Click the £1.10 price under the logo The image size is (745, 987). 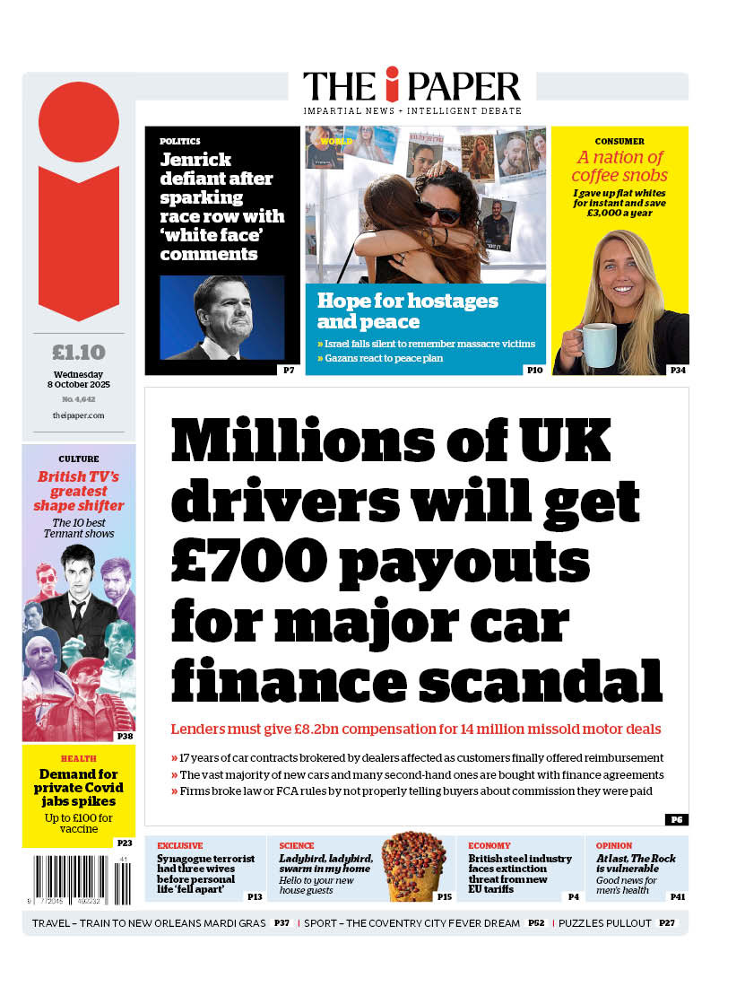tap(79, 353)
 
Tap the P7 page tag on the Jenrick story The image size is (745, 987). tap(289, 370)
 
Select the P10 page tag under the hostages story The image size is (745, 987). tap(534, 370)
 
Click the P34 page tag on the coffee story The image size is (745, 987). tap(677, 370)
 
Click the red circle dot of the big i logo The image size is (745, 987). tap(79, 122)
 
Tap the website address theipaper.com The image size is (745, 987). tap(79, 415)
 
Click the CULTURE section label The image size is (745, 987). tap(79, 459)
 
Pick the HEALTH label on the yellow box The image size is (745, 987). tap(79, 759)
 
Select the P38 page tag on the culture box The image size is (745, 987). tap(125, 737)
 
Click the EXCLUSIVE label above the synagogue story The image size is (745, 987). tap(180, 845)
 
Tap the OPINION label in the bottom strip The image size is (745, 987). tap(614, 845)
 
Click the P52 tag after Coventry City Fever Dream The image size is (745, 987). tap(536, 922)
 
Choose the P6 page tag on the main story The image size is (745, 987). tap(676, 819)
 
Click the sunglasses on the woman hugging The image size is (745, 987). tap(437, 213)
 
